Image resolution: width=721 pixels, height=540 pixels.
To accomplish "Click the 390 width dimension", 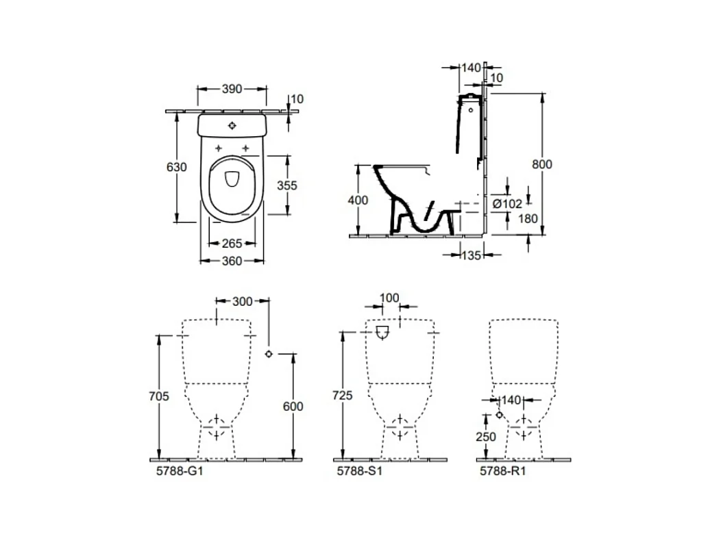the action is [x=232, y=88].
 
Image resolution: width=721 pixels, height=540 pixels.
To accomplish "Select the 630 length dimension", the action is [x=177, y=167].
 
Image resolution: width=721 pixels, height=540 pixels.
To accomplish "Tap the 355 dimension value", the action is [x=287, y=185].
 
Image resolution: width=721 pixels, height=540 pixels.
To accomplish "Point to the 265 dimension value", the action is [x=232, y=244].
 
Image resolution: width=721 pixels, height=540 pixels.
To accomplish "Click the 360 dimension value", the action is [x=232, y=261].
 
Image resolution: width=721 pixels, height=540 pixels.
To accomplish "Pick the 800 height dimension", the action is [x=542, y=164].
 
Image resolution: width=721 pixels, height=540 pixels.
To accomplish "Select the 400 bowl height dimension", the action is [x=358, y=201].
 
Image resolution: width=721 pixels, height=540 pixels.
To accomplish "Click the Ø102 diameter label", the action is [x=507, y=203].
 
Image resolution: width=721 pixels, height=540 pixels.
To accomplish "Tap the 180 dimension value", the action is [x=528, y=218].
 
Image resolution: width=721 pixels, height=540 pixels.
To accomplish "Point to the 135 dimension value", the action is [x=471, y=255].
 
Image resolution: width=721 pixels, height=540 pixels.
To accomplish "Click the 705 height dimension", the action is [x=158, y=396].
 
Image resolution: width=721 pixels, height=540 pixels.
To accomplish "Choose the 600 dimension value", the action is [x=293, y=407].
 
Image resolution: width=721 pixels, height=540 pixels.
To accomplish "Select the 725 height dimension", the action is [x=343, y=395].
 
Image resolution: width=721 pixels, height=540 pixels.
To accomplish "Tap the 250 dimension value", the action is [x=486, y=436].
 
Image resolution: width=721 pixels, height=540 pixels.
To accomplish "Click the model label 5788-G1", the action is [x=180, y=471].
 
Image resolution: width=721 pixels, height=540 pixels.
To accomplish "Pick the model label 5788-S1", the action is [x=360, y=471].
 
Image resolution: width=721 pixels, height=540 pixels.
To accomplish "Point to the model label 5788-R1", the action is [x=502, y=471].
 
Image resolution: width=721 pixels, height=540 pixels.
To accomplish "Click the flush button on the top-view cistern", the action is [x=232, y=125].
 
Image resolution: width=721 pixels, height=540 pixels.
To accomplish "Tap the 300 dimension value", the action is [x=243, y=301].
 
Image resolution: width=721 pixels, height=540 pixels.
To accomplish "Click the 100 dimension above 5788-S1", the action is [x=389, y=298].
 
